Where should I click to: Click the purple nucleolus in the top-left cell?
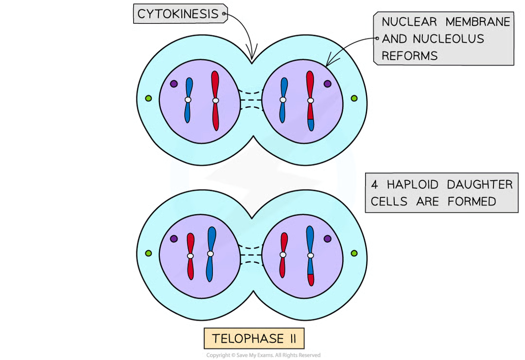click(x=174, y=84)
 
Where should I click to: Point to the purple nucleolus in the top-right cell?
click(x=327, y=84)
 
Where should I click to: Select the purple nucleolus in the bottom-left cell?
click(x=174, y=239)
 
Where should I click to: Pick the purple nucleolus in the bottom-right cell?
click(x=327, y=239)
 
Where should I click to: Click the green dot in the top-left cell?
click(x=148, y=99)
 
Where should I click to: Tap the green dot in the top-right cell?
click(x=354, y=99)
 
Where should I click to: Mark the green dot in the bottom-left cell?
click(x=148, y=253)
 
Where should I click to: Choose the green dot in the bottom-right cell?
click(x=354, y=253)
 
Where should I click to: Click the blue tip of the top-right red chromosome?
click(x=311, y=124)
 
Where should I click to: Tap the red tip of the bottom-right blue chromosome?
click(x=311, y=280)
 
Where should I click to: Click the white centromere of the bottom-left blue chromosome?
click(x=210, y=253)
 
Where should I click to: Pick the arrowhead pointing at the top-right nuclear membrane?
click(x=331, y=61)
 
